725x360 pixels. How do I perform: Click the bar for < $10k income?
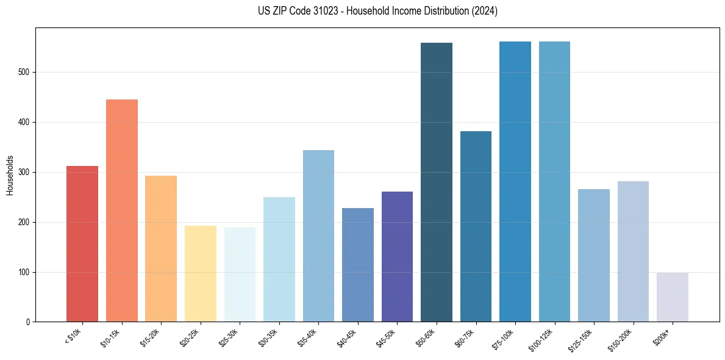pos(82,244)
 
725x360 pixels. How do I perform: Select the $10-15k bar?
pos(121,211)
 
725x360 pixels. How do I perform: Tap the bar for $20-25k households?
pos(200,274)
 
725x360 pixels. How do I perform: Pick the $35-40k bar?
pos(318,236)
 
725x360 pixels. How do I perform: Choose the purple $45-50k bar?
pos(397,257)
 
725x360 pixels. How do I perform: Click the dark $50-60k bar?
pos(437,182)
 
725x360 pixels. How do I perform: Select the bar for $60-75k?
pos(476,226)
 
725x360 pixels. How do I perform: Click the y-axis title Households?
pos(10,175)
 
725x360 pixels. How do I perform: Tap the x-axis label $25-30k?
pos(229,337)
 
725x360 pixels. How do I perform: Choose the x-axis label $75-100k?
pos(504,338)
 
